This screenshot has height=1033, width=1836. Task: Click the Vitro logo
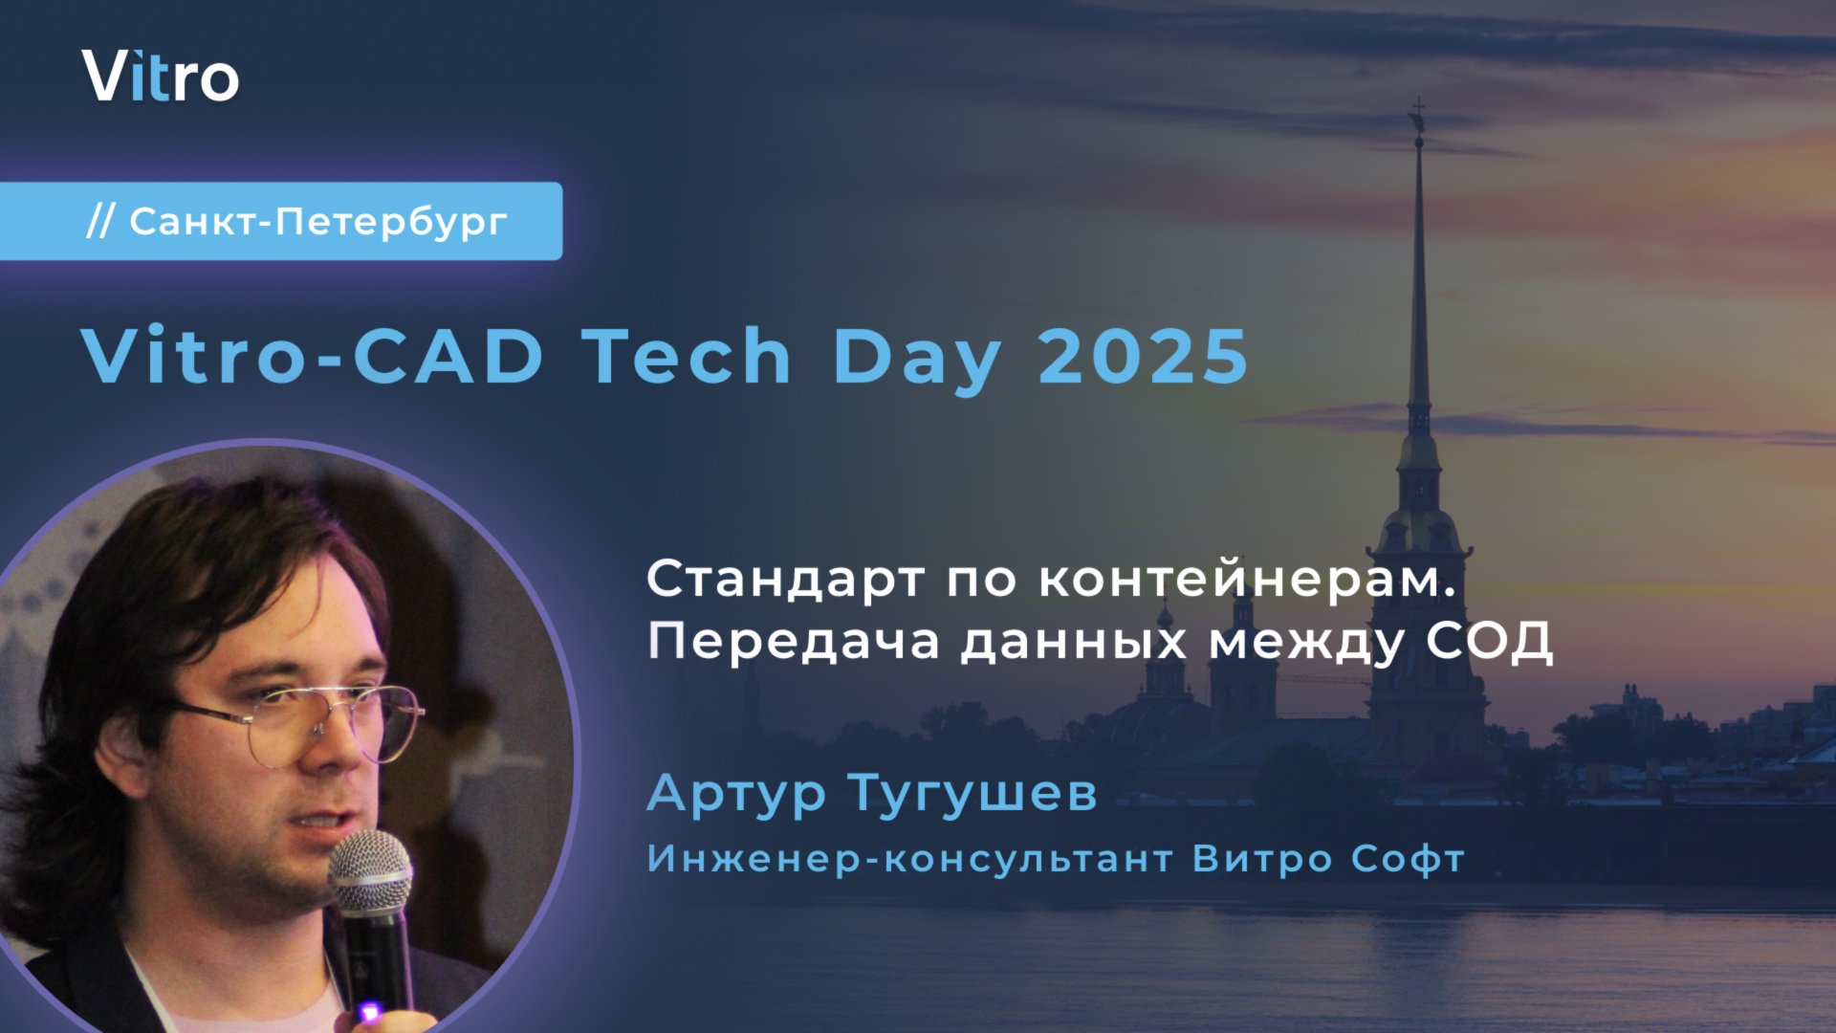click(x=160, y=77)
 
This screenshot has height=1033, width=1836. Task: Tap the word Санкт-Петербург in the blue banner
click(x=317, y=222)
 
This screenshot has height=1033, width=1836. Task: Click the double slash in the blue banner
click(x=100, y=222)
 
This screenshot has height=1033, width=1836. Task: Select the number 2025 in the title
click(x=1144, y=356)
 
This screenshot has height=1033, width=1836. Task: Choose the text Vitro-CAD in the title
click(x=313, y=356)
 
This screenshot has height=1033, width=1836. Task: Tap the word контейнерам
click(x=1246, y=580)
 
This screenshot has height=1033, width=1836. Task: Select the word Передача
click(x=794, y=641)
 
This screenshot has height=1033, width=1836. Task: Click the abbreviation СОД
click(x=1489, y=641)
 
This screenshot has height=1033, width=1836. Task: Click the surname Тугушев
click(x=973, y=794)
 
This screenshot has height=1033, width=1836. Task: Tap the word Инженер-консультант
click(x=909, y=859)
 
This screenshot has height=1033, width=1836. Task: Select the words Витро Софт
click(x=1328, y=859)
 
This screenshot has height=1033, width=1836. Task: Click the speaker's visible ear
click(x=121, y=756)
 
